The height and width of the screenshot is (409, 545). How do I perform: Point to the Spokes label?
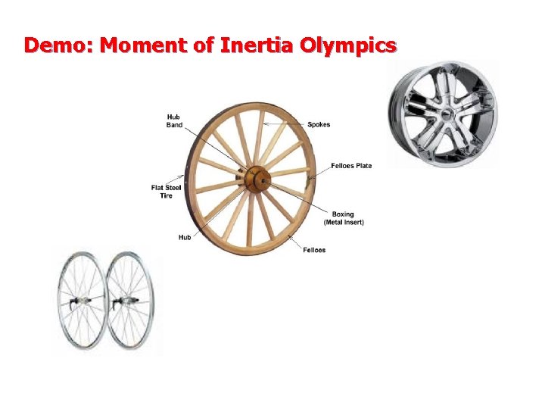pyautogui.click(x=319, y=125)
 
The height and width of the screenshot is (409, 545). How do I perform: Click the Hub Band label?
pyautogui.click(x=174, y=120)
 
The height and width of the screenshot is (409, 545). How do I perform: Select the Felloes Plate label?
pyautogui.click(x=351, y=165)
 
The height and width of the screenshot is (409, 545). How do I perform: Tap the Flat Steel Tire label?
pyautogui.click(x=166, y=192)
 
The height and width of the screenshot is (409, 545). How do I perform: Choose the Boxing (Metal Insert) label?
pyautogui.click(x=344, y=218)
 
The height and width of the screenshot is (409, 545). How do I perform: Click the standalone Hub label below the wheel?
pyautogui.click(x=185, y=237)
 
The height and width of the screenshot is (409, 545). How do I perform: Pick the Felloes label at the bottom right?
pyautogui.click(x=314, y=250)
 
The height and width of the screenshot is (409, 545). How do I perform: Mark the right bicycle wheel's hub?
pyautogui.click(x=121, y=303)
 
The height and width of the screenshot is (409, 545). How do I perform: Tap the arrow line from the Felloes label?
pyautogui.click(x=294, y=240)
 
